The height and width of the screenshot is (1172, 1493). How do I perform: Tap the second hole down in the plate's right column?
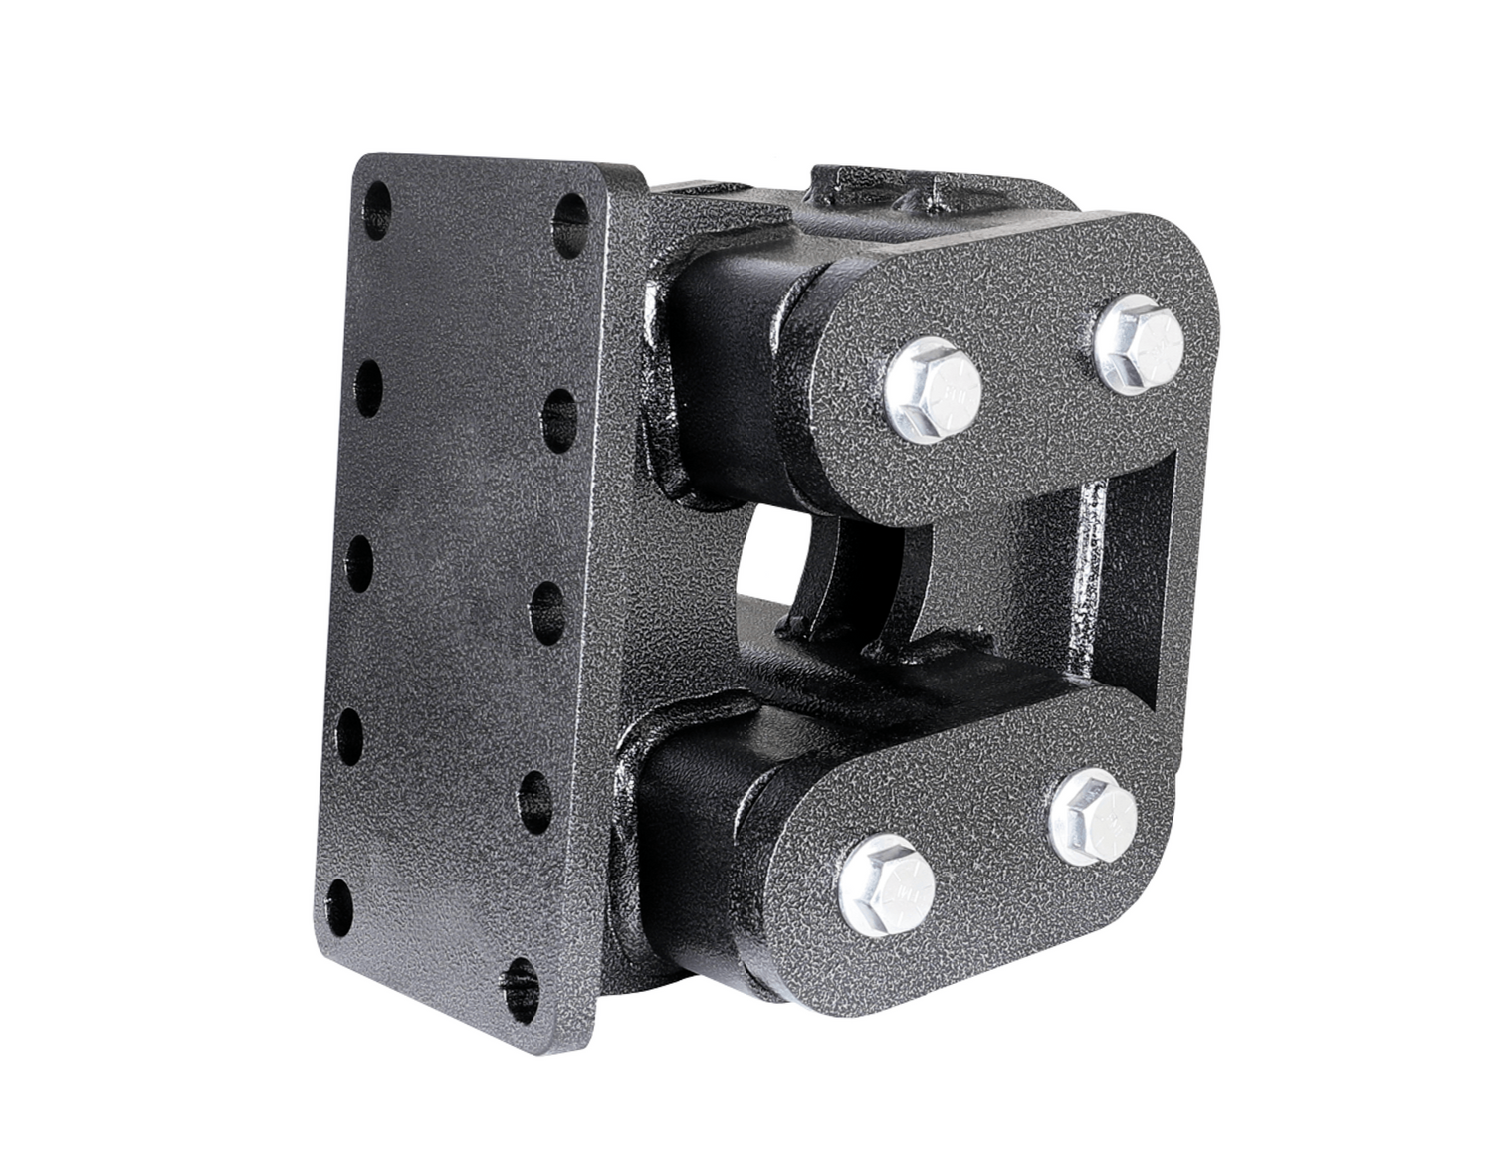tap(563, 409)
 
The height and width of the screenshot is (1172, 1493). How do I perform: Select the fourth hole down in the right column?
tap(538, 791)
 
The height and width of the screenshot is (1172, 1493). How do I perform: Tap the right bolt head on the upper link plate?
tap(1138, 343)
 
